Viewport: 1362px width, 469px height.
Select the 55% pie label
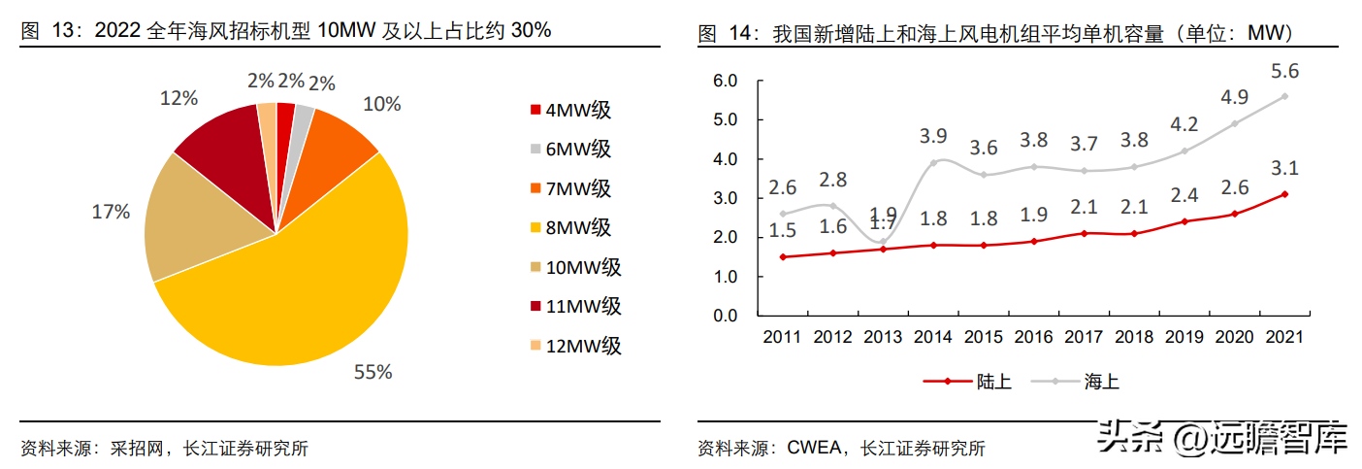373,371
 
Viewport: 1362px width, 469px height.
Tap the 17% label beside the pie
110,212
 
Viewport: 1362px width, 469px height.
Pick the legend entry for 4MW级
573,111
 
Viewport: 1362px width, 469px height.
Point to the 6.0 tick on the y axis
726,81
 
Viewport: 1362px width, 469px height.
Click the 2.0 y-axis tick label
726,238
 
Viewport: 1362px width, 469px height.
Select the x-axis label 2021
1284,337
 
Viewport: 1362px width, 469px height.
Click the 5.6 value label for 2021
1285,71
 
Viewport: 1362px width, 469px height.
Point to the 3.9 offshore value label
932,138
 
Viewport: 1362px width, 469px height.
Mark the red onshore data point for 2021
1285,194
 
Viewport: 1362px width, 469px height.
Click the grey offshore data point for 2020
1235,123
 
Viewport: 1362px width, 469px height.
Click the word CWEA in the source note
813,448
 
